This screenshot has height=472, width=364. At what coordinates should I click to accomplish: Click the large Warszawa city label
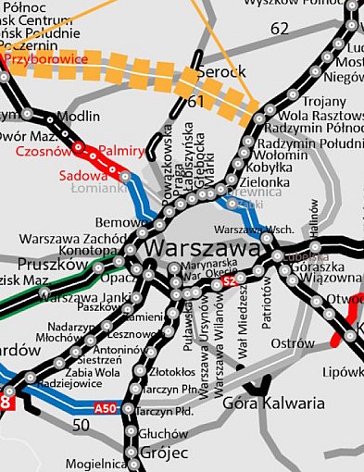[203, 249]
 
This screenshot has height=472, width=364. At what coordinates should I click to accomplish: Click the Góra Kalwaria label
[275, 404]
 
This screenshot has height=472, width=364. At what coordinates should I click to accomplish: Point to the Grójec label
[164, 453]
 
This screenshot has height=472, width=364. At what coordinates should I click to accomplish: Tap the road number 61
[195, 101]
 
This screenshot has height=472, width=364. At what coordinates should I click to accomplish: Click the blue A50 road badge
[106, 408]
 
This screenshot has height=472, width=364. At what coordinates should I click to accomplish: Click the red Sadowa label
[82, 174]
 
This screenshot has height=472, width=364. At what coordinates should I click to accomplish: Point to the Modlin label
[78, 117]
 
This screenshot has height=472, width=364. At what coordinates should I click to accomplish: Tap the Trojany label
[313, 102]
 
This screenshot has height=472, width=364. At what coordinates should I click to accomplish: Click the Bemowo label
[117, 223]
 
